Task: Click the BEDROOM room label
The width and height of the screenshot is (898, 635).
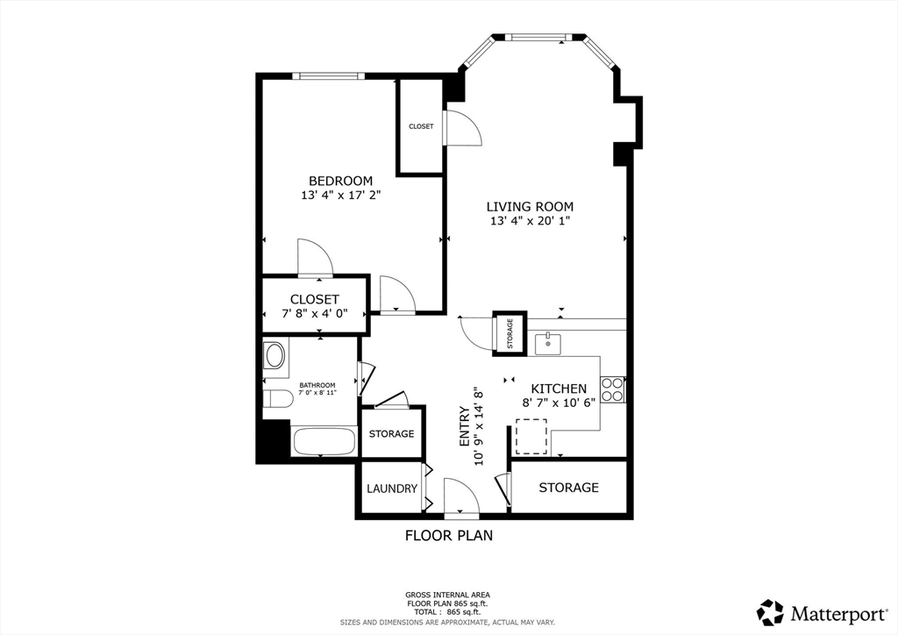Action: (x=341, y=181)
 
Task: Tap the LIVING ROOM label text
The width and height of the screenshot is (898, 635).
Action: (x=530, y=207)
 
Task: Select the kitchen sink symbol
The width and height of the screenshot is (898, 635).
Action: (x=548, y=344)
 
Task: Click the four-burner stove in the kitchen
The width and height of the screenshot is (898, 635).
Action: (x=613, y=389)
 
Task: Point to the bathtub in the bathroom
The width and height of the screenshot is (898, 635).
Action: (x=323, y=441)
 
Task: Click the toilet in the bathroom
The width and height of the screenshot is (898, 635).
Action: (x=278, y=399)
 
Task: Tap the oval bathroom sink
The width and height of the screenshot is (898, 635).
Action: (x=274, y=355)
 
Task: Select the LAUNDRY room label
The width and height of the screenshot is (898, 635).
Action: (x=392, y=489)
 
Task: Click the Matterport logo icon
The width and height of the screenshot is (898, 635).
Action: (x=770, y=613)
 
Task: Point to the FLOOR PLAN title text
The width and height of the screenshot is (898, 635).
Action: (x=449, y=535)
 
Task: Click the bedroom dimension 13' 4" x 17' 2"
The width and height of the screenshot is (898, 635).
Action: (x=341, y=196)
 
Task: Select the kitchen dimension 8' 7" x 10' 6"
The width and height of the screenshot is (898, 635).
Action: (x=559, y=402)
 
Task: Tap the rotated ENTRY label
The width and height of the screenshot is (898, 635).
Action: (x=465, y=426)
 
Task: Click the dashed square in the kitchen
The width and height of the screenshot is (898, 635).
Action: (x=531, y=436)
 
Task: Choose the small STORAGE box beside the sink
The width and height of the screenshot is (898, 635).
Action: (x=510, y=333)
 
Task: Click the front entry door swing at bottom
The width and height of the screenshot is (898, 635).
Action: (x=461, y=497)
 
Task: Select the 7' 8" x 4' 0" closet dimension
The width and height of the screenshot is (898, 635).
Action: (x=315, y=314)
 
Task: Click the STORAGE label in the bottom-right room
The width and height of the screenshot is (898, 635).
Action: (x=568, y=488)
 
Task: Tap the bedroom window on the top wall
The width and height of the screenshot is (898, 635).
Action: (x=328, y=75)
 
